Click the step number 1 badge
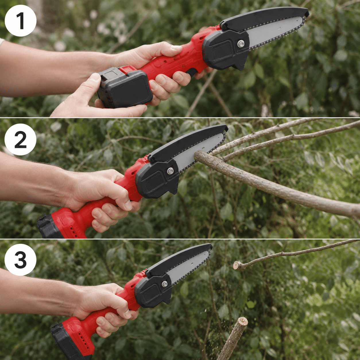21,21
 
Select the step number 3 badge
20,260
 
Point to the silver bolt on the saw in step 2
170,171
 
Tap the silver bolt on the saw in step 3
164,284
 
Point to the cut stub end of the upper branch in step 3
237,266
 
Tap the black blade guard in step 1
264,19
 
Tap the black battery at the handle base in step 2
48,226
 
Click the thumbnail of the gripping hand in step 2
128,205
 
